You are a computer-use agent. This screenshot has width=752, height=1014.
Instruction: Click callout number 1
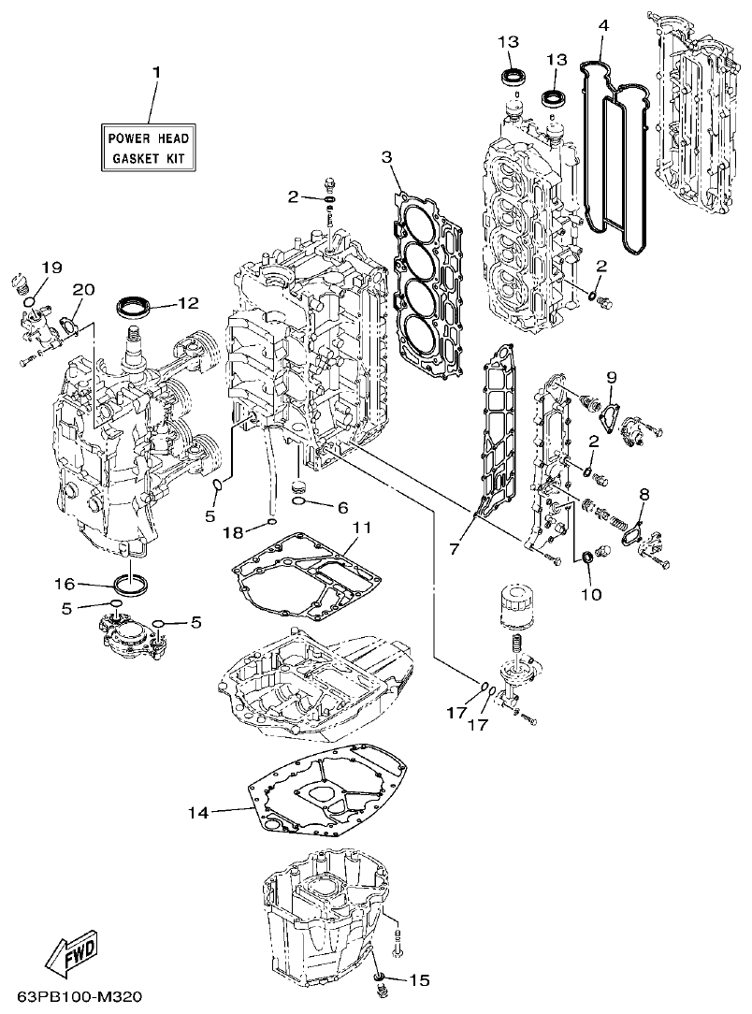pos(156,72)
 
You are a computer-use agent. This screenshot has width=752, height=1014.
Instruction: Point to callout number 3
pos(386,156)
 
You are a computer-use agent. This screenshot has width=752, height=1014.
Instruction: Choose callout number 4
pos(603,25)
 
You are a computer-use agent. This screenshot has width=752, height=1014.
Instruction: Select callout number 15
pos(419,980)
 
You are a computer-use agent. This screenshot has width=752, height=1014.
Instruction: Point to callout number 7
pos(455,549)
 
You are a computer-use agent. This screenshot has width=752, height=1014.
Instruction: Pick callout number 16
pos(64,584)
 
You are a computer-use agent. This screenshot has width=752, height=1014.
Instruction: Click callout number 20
pos(82,291)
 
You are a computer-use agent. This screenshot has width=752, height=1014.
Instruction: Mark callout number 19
pos(51,268)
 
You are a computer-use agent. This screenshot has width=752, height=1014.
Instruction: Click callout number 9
pos(611,377)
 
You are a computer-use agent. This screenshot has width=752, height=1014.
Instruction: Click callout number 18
pos(232,531)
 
